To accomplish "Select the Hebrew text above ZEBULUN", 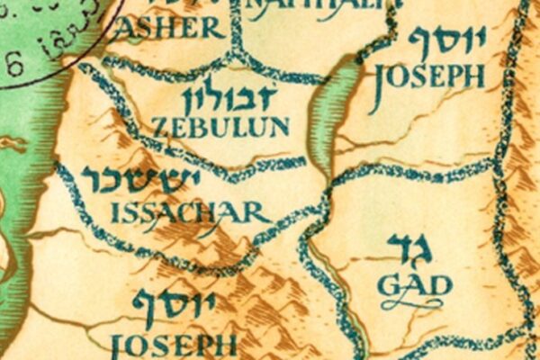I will coord(225,97).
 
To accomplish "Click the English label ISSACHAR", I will coord(189,212).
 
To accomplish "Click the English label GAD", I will coord(413,285).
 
